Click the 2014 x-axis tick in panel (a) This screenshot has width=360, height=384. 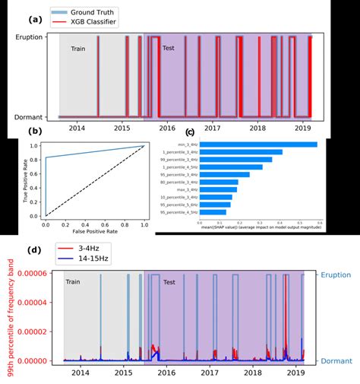76,129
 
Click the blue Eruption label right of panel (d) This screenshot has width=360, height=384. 334,276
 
